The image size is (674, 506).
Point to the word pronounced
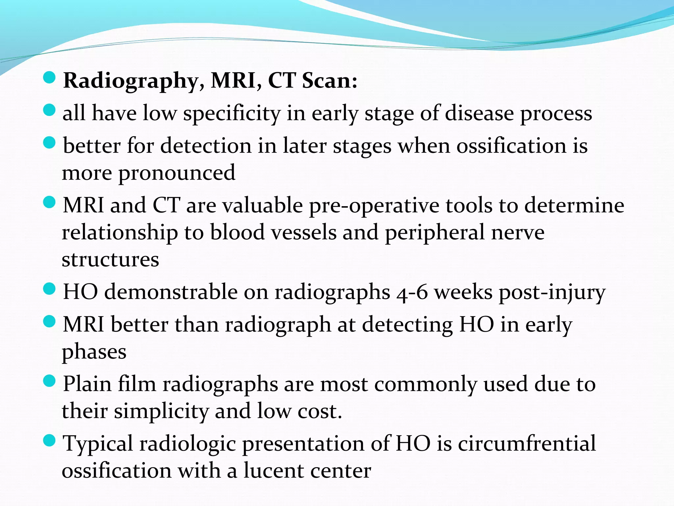click(177, 173)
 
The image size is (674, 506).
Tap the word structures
click(110, 260)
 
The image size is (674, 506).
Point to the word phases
click(94, 352)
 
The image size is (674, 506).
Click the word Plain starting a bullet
click(87, 384)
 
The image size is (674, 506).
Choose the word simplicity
click(161, 412)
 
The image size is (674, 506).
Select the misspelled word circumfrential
click(527, 444)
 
